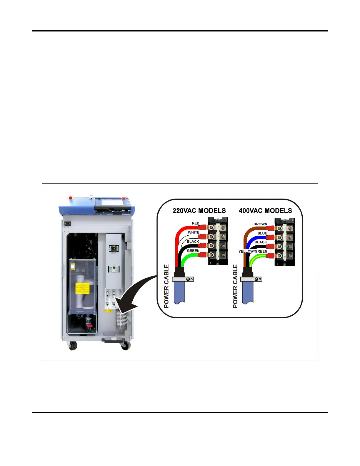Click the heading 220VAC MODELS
199,211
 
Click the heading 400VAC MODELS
265,211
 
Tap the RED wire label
196,223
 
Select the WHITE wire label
194,232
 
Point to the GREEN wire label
193,251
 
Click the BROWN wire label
260,224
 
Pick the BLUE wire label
262,233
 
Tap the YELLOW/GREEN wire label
253,252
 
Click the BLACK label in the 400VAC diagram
261,242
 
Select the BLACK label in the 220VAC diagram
193,242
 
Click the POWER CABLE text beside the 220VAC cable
166,286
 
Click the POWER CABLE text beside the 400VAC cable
235,286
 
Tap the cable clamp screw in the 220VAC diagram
188,279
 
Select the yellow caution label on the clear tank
82,288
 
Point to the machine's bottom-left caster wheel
72,346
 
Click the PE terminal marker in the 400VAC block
285,257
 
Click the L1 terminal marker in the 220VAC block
218,227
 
